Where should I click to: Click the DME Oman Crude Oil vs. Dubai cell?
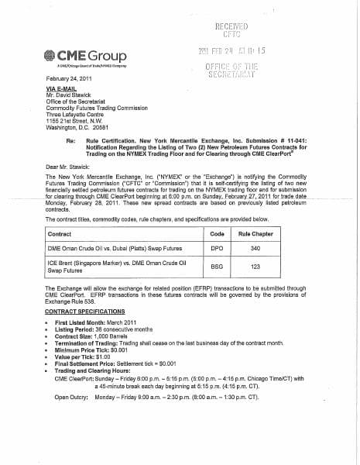(109, 249)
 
